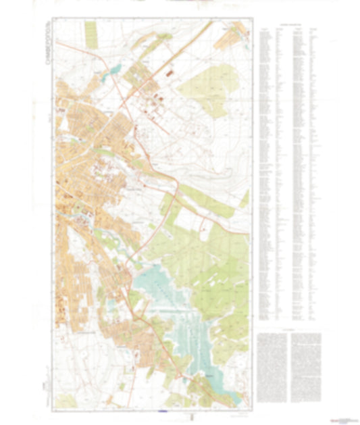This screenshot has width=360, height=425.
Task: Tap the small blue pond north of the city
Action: coord(115,69)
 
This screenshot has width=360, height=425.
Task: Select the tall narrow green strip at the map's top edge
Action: coord(91,30)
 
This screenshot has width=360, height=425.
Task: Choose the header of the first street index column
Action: coord(264,29)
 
